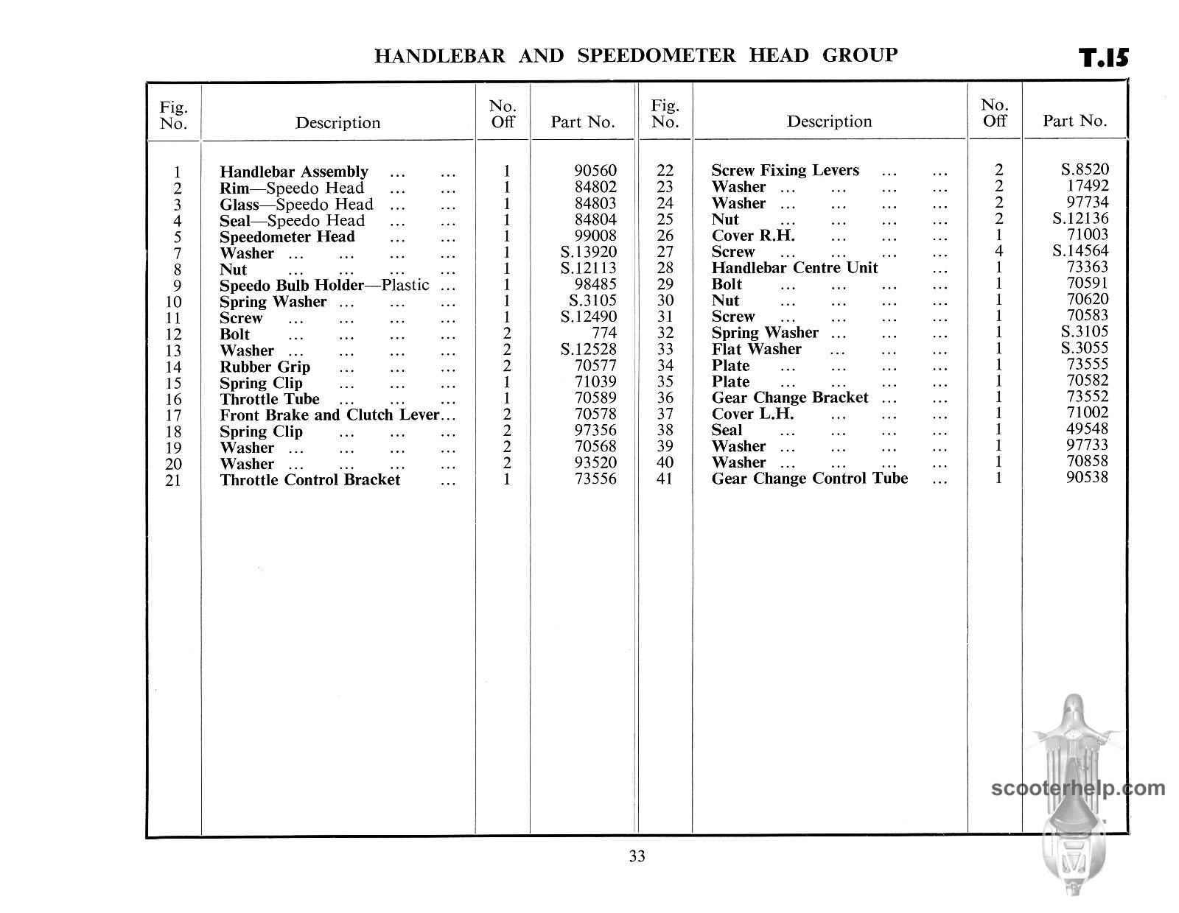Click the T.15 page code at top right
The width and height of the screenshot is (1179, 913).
pos(1103,58)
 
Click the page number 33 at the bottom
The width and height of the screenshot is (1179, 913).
pos(637,856)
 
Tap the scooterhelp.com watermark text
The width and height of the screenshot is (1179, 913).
pos(1078,789)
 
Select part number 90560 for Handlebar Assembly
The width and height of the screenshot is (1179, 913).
pos(595,172)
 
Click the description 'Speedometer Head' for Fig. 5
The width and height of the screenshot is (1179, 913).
pos(287,236)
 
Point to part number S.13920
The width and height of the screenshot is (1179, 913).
pos(588,253)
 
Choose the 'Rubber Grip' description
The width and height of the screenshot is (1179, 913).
pos(265,367)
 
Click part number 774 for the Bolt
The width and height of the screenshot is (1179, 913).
pos(604,334)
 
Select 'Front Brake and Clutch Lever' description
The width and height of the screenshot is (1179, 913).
pos(329,415)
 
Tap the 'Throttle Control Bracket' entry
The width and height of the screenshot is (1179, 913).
pos(309,480)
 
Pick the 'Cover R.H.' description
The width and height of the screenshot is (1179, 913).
pos(752,236)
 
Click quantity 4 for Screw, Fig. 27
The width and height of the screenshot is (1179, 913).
pos(999,252)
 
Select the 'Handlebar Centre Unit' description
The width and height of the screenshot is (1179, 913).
pos(794,268)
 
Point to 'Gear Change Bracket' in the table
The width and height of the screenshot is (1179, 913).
pos(789,398)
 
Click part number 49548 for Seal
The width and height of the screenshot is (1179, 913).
pos(1087,429)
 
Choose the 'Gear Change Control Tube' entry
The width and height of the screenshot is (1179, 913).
pos(809,479)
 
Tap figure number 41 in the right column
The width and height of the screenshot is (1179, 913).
pos(665,479)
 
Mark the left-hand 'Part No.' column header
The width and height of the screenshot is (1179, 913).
pos(582,122)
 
